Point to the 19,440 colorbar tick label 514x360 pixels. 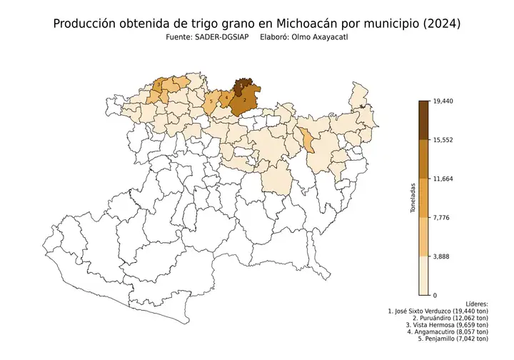click(x=444, y=102)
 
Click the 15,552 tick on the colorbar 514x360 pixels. click(x=444, y=141)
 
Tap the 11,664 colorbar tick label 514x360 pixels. click(x=444, y=179)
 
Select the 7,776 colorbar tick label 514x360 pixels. click(x=443, y=218)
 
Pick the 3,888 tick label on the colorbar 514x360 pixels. click(x=443, y=256)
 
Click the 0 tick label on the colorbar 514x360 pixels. click(x=435, y=295)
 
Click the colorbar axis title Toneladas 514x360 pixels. click(x=413, y=199)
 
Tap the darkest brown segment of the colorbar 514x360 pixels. click(x=423, y=121)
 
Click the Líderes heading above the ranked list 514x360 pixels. click(x=476, y=304)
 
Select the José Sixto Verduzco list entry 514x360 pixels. click(x=438, y=312)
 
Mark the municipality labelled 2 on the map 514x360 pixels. click(x=244, y=101)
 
